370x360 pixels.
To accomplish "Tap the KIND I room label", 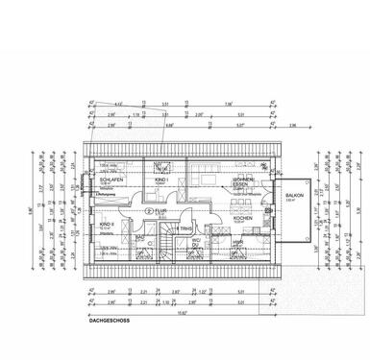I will tap(160, 180).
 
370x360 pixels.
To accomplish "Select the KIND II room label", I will tap(107, 224).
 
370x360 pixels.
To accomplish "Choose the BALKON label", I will tap(293, 194).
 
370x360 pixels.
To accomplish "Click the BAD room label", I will tap(139, 234).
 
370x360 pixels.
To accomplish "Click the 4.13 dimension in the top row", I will tap(117, 102).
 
